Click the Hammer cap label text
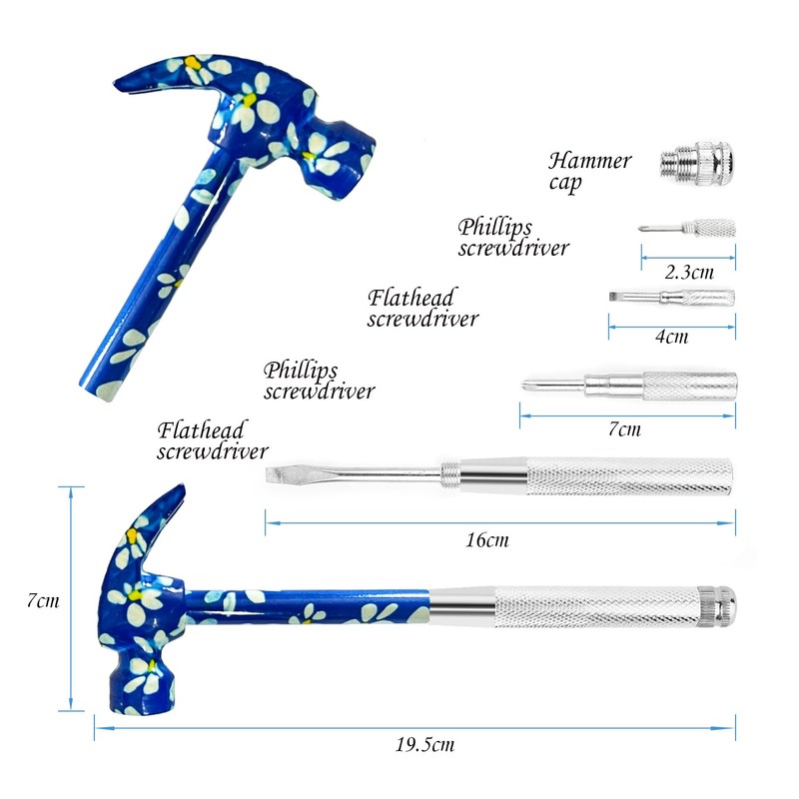point(589,172)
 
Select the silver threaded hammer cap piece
point(697,163)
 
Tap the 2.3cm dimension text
point(689,272)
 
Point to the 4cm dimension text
point(671,337)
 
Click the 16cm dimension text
point(487,539)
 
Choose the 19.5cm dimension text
point(425,744)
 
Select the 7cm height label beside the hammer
point(43,600)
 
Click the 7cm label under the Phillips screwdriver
point(625,429)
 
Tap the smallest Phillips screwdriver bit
point(687,228)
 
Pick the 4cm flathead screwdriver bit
point(671,297)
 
